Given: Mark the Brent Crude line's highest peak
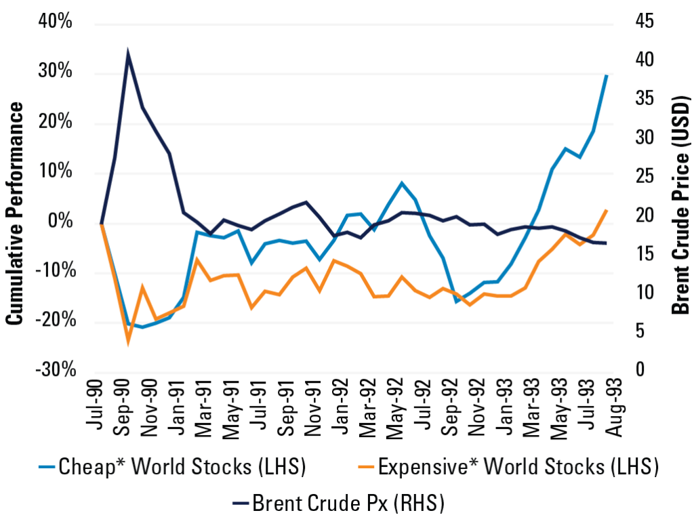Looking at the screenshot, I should pyautogui.click(x=128, y=52).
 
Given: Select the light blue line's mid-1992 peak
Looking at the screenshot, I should pyautogui.click(x=402, y=183).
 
